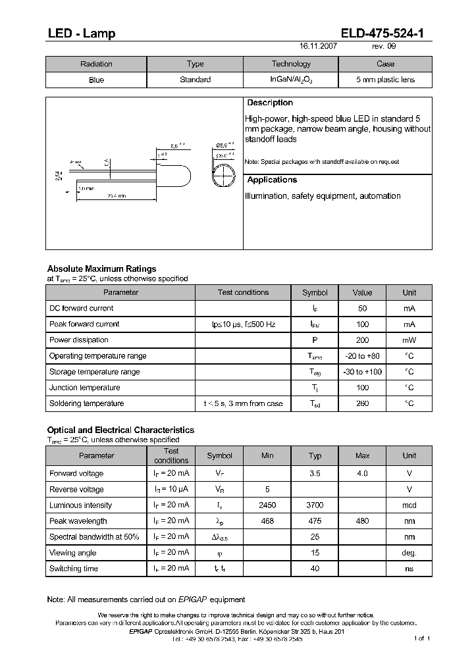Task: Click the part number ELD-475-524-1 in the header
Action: pos(385,34)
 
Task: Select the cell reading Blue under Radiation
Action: pos(96,80)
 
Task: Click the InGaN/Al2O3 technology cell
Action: pos(291,80)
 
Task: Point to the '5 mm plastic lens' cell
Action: pos(385,80)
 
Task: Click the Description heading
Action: pos(270,103)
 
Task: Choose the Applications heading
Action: pos(272,180)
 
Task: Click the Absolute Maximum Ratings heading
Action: pos(101,269)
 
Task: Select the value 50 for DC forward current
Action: pos(362,309)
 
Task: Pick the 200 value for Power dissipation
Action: pos(362,340)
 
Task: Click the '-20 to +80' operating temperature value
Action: pos(362,356)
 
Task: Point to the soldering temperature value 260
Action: pos(362,403)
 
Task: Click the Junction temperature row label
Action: pos(84,388)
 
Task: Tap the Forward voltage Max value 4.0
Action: pos(362,474)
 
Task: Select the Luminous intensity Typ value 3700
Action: pos(315,505)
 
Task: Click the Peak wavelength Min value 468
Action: pos(267,521)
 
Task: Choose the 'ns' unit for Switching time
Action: pos(409,569)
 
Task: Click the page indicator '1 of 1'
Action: pos(421,638)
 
